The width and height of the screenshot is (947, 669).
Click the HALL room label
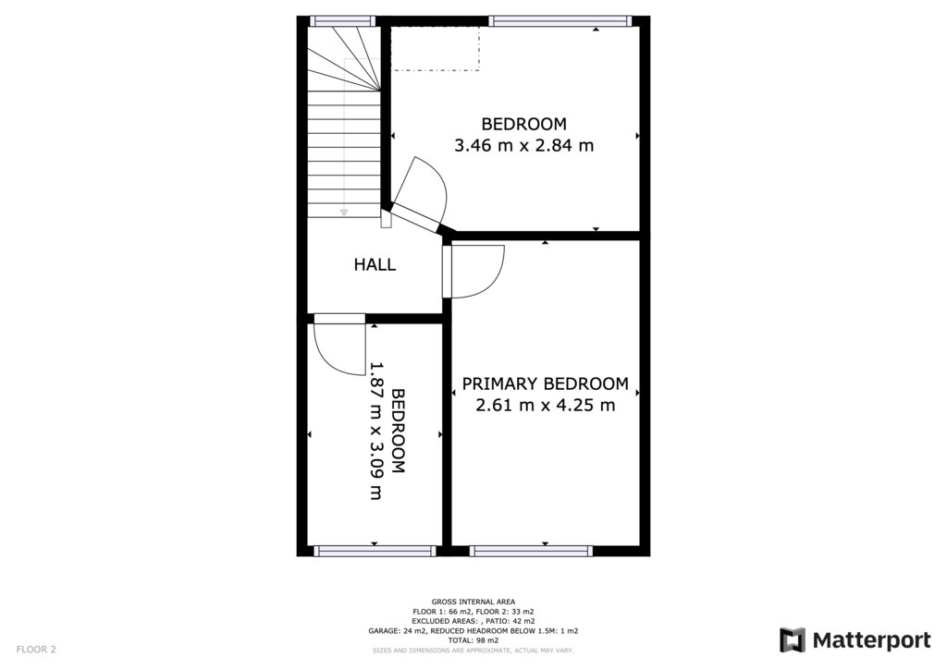[375, 264]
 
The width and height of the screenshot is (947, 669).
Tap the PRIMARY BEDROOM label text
[546, 383]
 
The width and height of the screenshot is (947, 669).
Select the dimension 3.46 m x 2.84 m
[523, 145]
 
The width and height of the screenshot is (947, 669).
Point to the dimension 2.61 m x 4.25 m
[546, 405]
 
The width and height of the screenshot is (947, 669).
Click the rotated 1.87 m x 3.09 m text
[376, 431]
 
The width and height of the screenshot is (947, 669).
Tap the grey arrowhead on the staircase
[344, 213]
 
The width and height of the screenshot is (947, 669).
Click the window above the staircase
[343, 21]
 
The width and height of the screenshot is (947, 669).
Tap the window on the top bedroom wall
[560, 21]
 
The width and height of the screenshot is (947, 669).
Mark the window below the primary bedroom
[531, 551]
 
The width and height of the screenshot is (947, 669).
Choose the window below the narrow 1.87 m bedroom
[375, 551]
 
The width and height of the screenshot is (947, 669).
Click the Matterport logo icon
[792, 640]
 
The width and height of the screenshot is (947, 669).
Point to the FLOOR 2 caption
[36, 650]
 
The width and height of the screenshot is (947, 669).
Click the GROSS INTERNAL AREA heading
[473, 602]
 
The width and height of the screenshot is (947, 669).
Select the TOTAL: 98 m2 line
[473, 640]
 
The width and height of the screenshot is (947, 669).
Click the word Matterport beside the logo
[871, 640]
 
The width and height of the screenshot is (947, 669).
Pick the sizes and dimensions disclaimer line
[473, 651]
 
